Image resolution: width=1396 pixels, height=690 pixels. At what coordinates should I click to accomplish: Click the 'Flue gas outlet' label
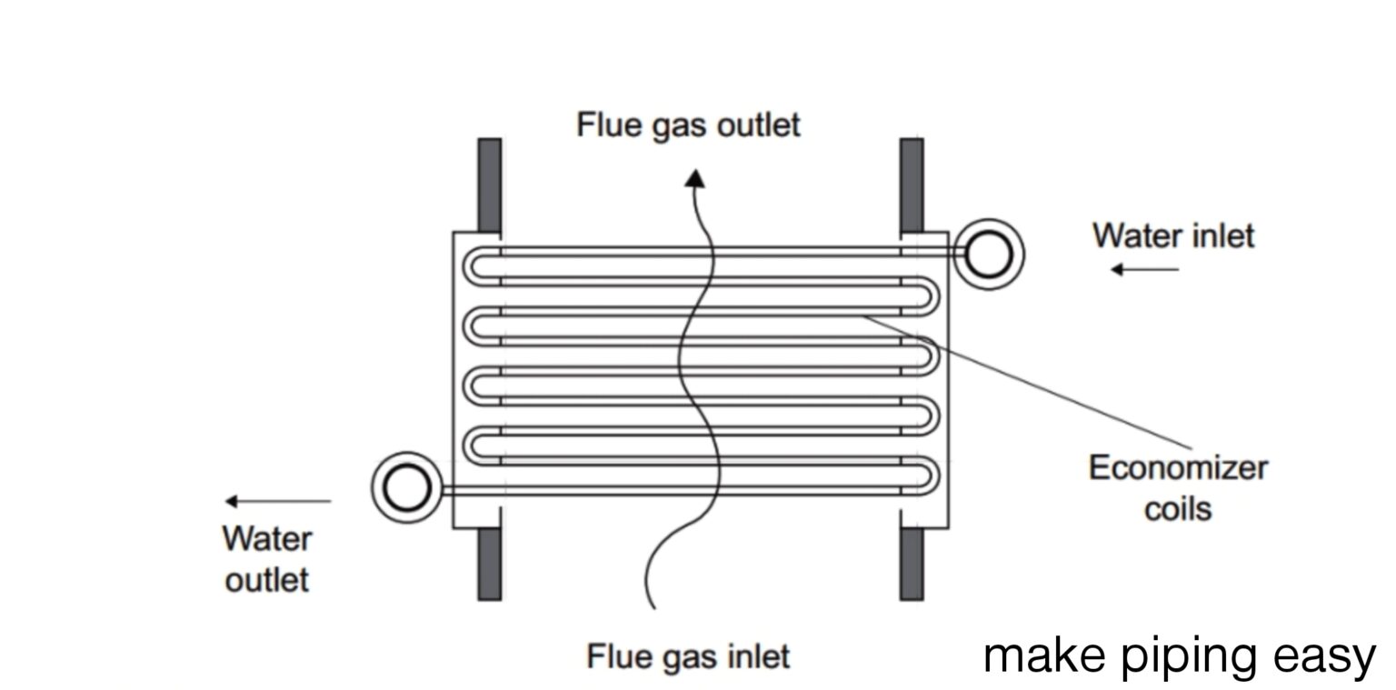[688, 125]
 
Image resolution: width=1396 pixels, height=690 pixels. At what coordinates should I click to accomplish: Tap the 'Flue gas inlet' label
[688, 655]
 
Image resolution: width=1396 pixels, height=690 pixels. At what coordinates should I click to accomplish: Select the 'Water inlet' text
[1172, 235]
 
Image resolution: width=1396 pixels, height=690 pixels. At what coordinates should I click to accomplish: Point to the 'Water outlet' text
[266, 559]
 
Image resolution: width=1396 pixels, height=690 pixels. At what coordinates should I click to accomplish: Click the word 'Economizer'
[1177, 468]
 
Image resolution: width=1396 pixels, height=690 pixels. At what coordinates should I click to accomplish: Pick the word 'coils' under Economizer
[1177, 508]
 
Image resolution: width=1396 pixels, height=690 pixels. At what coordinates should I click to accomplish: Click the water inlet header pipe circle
[988, 254]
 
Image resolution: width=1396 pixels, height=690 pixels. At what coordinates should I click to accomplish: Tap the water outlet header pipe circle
[406, 488]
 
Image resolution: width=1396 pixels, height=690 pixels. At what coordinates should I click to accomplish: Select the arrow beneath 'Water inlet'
[1144, 269]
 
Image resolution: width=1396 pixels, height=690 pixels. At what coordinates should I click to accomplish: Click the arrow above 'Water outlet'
[278, 501]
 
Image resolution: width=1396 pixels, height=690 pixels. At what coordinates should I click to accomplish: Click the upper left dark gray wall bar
[489, 184]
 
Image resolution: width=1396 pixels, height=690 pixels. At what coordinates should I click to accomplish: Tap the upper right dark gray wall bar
[912, 184]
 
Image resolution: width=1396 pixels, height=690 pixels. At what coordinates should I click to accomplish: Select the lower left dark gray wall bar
[489, 564]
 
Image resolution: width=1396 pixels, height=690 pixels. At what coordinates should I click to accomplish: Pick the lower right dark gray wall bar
[912, 564]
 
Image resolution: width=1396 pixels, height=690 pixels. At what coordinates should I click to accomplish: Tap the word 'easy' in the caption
[1333, 656]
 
